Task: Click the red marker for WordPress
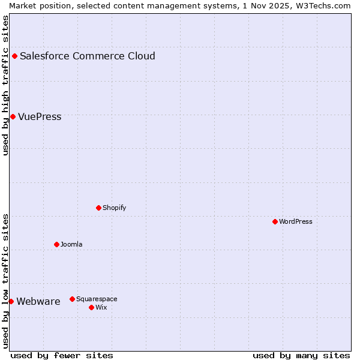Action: [275, 221]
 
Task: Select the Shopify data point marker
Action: [98, 208]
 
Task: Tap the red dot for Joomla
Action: [56, 244]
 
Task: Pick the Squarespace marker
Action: [72, 299]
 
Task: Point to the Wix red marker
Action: [91, 307]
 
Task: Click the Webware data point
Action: [11, 301]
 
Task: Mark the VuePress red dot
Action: [13, 116]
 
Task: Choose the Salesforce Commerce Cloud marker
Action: [14, 56]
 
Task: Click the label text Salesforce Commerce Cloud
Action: [88, 56]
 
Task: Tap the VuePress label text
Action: [40, 117]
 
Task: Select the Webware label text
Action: [38, 302]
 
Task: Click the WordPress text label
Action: [296, 222]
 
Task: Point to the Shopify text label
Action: [114, 208]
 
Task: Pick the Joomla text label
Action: [71, 245]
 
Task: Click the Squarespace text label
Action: [97, 299]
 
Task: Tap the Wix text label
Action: [101, 308]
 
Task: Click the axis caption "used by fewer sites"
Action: [62, 355]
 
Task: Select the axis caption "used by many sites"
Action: [301, 355]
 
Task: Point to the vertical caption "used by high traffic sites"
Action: [6, 85]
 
